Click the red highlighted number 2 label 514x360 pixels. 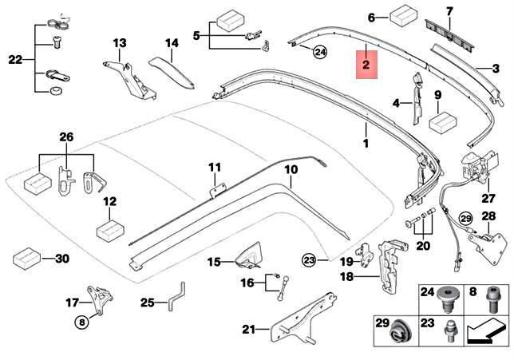click(x=366, y=65)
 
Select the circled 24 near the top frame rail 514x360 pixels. click(x=320, y=52)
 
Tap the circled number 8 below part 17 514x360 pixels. click(x=81, y=322)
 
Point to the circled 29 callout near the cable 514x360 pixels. click(x=466, y=219)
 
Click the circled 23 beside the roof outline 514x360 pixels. click(x=309, y=261)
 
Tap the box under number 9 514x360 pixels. click(x=443, y=123)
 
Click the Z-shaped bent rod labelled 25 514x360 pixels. click(x=176, y=297)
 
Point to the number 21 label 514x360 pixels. click(x=248, y=329)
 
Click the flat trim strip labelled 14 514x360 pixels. click(x=172, y=73)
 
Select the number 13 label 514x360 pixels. click(x=120, y=43)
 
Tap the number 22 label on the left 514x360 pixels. click(x=15, y=60)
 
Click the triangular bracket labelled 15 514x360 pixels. click(x=248, y=255)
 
